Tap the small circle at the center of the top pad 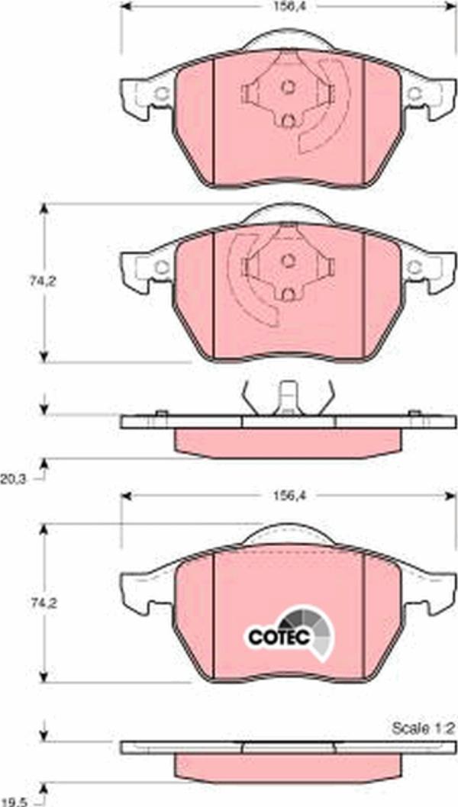pos(288,86)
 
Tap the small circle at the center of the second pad pos(288,259)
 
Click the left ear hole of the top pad pos(162,94)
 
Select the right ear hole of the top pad pos(415,94)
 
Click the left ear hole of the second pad pos(162,267)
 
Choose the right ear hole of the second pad pos(415,267)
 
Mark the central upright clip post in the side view pos(288,397)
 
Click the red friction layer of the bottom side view pos(288,765)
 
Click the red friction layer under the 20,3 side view pos(288,441)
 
